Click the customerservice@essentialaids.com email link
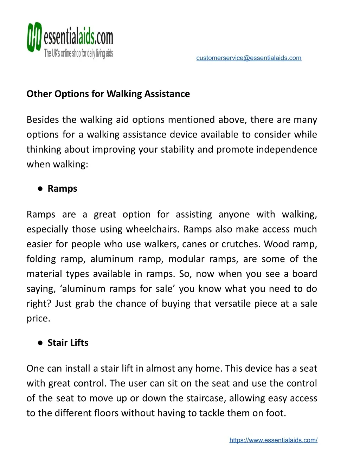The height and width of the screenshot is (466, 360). pos(249,58)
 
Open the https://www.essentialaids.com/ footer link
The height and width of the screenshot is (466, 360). pos(273,440)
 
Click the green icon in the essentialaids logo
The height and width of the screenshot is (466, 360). pos(34,37)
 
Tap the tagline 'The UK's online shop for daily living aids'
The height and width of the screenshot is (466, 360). pos(78,53)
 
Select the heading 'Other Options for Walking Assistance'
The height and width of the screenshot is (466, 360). pos(108,94)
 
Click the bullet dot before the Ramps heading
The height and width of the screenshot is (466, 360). pos(40,189)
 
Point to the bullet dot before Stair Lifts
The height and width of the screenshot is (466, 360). pos(40,343)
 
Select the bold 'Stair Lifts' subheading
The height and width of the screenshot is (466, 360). pos(68,343)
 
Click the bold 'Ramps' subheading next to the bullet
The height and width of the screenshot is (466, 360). pos(62,189)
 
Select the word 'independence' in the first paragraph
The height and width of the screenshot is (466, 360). pos(286,149)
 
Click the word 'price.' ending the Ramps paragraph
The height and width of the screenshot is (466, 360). pos(38,319)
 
